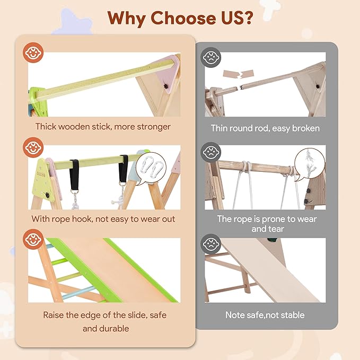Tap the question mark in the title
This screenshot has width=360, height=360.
[248, 17]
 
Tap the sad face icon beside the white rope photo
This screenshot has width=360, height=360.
[212, 152]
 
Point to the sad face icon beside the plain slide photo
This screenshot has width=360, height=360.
[212, 244]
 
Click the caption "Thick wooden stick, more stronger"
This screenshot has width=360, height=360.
[103, 127]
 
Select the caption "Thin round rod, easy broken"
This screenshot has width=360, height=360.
[265, 128]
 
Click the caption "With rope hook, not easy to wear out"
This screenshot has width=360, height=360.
[103, 219]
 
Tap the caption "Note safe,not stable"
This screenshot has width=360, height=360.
[265, 315]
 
